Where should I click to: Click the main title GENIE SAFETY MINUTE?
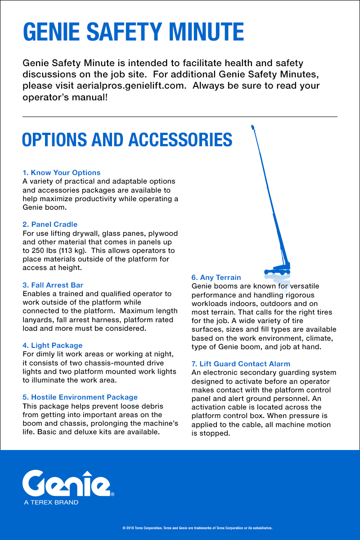coord(133,32)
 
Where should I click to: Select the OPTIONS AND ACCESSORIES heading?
coord(127,140)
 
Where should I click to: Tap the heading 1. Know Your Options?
coord(62,173)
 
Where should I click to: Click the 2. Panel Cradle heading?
coord(50,225)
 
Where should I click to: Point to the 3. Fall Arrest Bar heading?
coord(53,285)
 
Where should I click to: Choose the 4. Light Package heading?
coord(53,346)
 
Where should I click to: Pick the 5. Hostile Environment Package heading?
coord(80,397)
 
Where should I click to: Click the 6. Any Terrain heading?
coord(216,278)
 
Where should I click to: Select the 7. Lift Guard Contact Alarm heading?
coord(241,364)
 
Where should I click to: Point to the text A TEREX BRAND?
coord(51,502)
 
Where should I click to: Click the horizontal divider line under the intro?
coord(180,117)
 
